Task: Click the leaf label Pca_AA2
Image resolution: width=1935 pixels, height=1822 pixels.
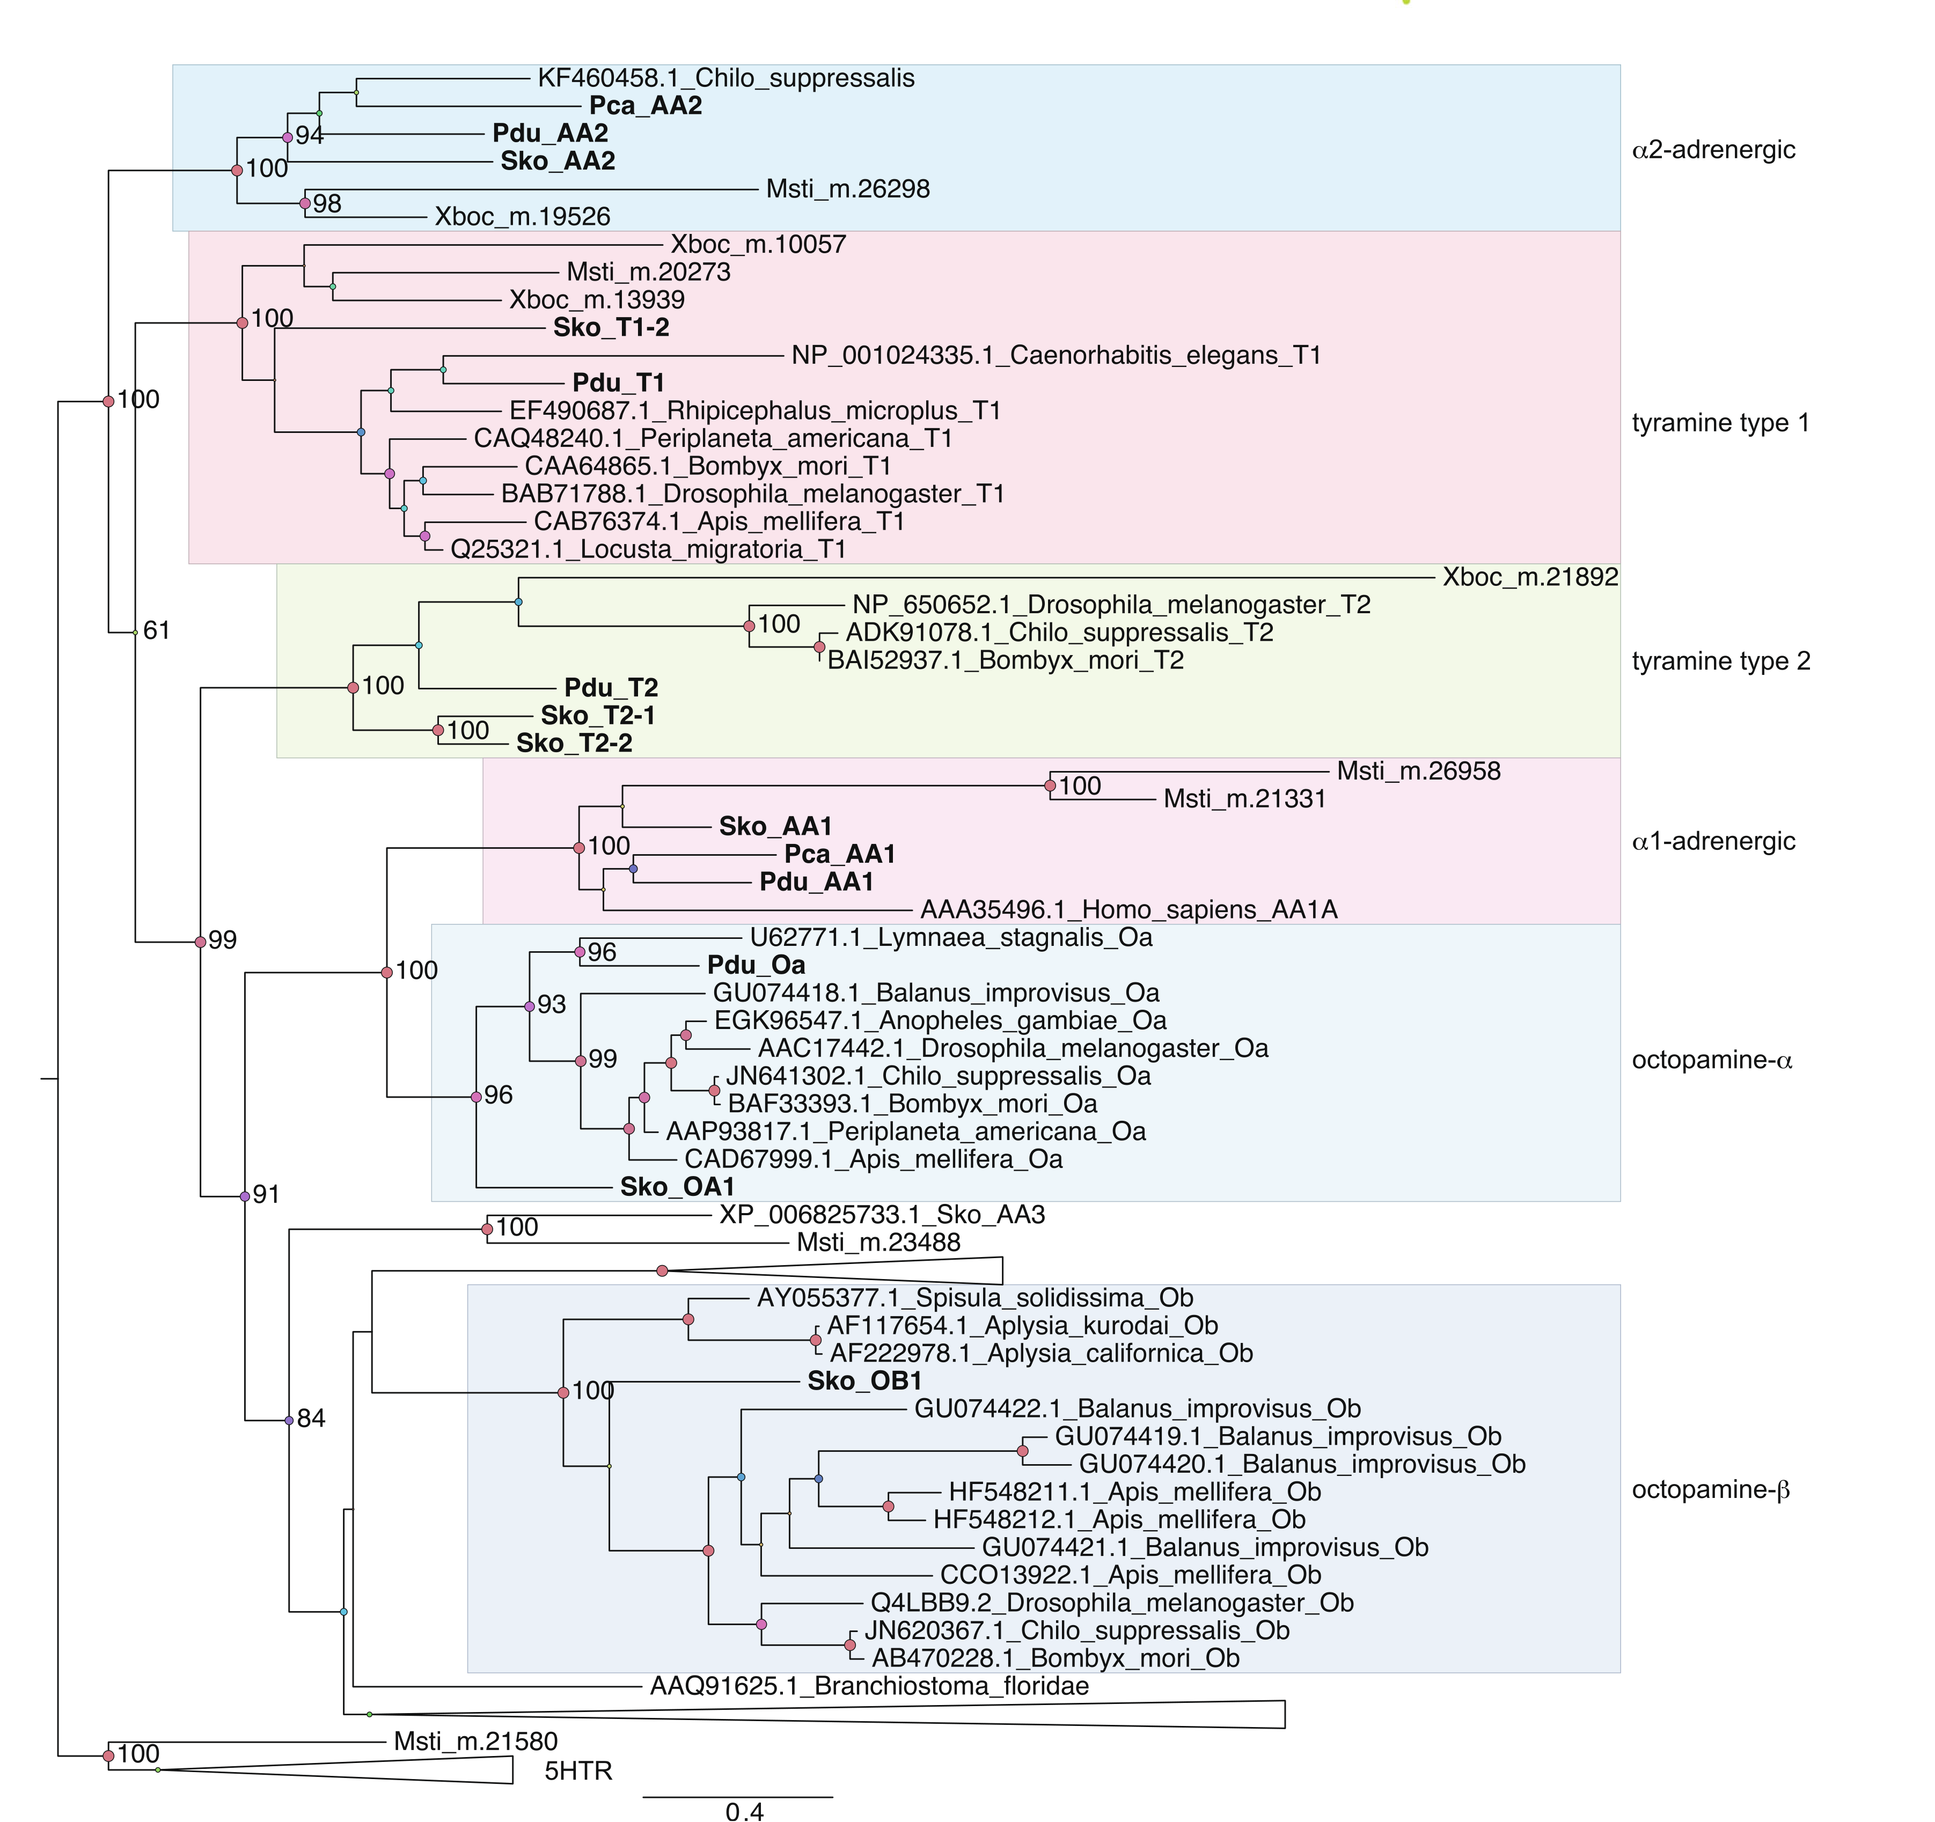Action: click(x=646, y=106)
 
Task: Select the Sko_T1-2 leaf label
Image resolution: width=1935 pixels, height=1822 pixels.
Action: click(x=611, y=328)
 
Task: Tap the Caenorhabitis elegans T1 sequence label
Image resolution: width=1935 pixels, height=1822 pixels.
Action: click(x=1056, y=355)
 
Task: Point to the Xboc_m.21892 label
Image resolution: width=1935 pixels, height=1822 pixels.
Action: click(x=1529, y=577)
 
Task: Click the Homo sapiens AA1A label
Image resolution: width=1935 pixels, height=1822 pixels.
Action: click(x=1128, y=910)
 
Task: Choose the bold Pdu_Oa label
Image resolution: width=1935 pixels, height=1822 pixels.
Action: click(x=756, y=966)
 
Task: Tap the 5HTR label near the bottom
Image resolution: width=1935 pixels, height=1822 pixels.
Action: click(x=578, y=1770)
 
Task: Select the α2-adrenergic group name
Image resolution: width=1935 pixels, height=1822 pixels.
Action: click(x=1713, y=150)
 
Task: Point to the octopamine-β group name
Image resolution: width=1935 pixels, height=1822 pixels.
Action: click(x=1710, y=1490)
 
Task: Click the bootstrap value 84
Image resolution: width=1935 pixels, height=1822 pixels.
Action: click(x=311, y=1419)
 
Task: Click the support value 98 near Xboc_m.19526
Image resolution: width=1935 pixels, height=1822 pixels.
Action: click(x=327, y=203)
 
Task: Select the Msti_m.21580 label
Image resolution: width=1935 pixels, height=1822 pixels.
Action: click(x=475, y=1741)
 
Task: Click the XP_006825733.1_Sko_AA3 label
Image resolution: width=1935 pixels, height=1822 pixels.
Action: click(x=881, y=1215)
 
